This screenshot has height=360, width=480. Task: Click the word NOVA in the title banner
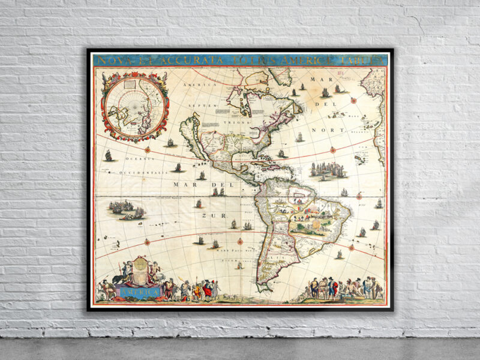[x=111, y=60]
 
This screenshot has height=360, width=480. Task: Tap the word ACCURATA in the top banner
[x=178, y=60]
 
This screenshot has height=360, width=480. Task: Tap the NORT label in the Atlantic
[x=332, y=130]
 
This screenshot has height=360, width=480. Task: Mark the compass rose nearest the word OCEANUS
[x=147, y=149]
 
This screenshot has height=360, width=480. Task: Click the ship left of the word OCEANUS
[x=109, y=155]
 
